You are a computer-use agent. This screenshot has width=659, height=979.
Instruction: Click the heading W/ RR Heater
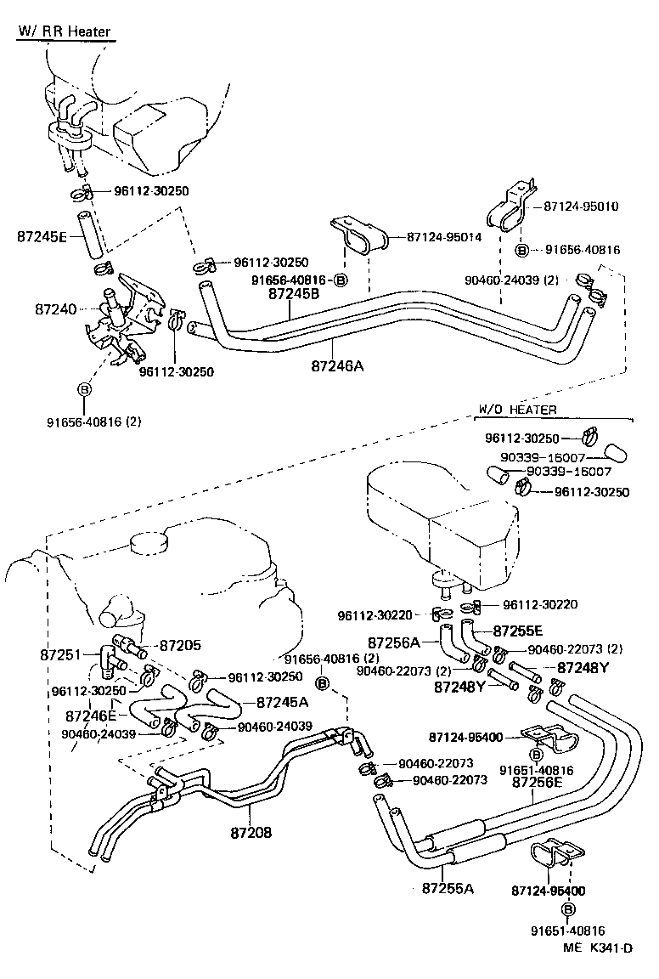[x=65, y=32]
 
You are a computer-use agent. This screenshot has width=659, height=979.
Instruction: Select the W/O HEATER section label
[x=517, y=410]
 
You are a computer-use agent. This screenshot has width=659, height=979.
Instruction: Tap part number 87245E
[x=42, y=237]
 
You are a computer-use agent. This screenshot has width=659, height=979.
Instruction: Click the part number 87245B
[x=293, y=294]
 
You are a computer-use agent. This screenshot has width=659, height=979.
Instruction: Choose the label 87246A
[x=337, y=366]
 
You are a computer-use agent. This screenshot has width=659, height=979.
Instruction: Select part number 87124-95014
[x=444, y=237]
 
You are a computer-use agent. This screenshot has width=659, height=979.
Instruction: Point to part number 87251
[x=61, y=655]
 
